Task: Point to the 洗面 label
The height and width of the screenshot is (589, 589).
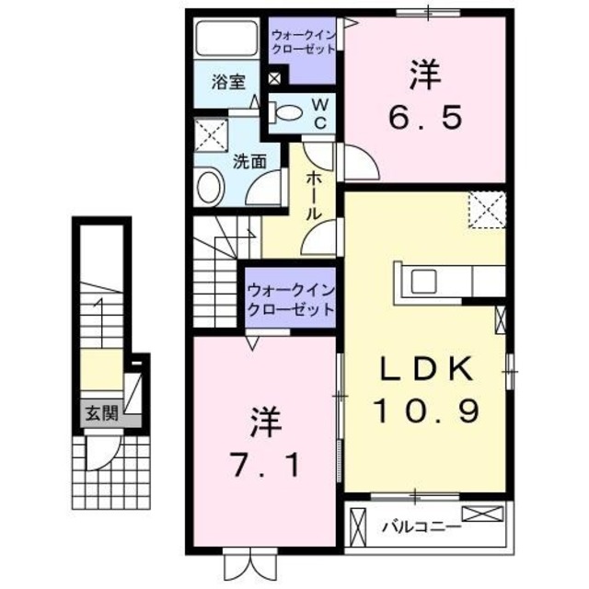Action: tap(249, 159)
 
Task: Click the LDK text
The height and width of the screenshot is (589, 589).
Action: tap(428, 370)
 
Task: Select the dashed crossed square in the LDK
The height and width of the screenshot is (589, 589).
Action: tap(486, 209)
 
